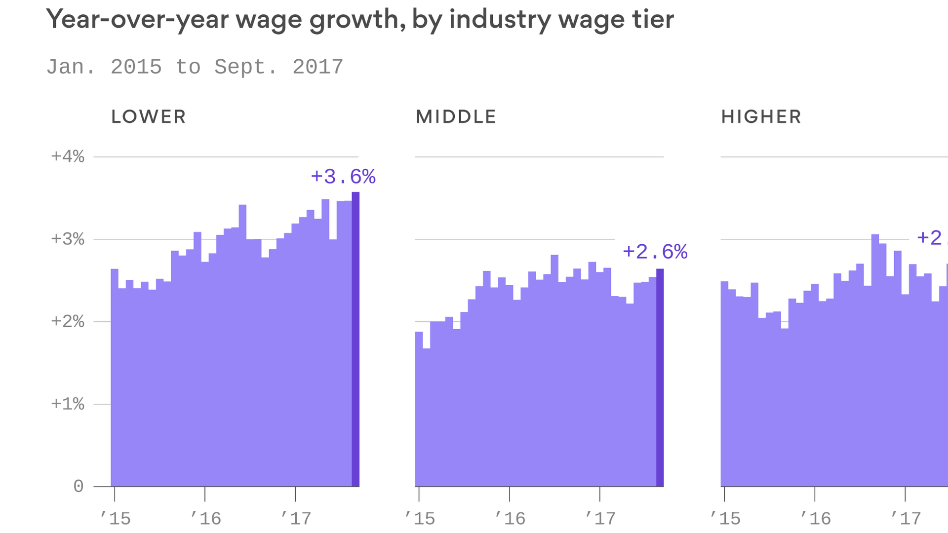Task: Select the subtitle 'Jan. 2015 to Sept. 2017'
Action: [x=195, y=67]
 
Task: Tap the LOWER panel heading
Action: [x=148, y=117]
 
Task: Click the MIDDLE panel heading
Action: [x=456, y=117]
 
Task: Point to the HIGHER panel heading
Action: [x=761, y=117]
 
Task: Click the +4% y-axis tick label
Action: [x=68, y=157]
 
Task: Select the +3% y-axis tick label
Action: [x=68, y=239]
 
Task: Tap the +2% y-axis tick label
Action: [x=68, y=322]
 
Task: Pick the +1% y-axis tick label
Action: [x=68, y=404]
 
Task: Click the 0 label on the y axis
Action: [x=78, y=487]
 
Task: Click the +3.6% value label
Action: [x=343, y=177]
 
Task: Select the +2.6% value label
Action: [x=655, y=252]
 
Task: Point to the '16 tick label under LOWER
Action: [x=205, y=518]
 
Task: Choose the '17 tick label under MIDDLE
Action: [x=600, y=518]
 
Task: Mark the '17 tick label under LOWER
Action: [x=296, y=518]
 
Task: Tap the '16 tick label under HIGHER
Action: [x=815, y=518]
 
